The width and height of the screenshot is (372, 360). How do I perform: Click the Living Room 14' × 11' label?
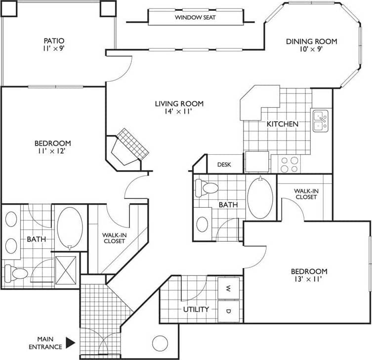[x=179, y=108]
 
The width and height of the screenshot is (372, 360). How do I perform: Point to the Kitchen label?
[x=283, y=124]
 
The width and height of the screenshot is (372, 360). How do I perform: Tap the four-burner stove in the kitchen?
[x=289, y=164]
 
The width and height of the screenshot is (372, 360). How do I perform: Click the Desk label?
[x=224, y=165]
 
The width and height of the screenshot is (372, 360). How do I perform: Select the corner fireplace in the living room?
[x=129, y=147]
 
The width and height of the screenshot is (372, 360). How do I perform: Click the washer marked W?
[x=229, y=288]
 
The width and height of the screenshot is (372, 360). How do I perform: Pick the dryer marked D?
[x=229, y=311]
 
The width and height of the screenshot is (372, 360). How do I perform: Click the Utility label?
[x=197, y=310]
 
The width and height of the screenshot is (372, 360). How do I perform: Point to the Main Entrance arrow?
[x=70, y=342]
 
